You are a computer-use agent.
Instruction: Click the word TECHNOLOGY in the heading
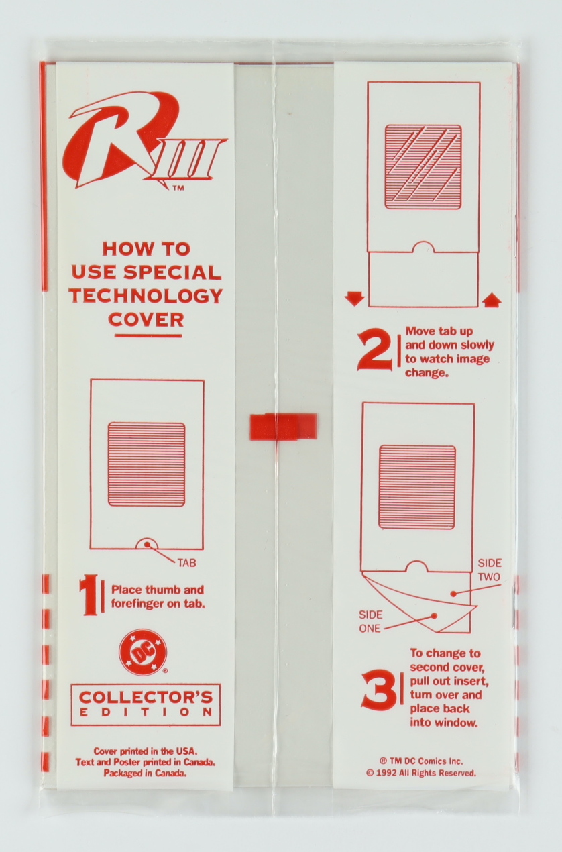[x=147, y=296]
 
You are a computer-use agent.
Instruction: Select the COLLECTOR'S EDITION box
[x=146, y=713]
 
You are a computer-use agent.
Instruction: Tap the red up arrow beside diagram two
[x=492, y=299]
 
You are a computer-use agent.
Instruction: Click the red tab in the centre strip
[x=283, y=427]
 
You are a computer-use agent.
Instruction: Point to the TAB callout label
[x=186, y=563]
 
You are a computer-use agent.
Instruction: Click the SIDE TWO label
[x=490, y=570]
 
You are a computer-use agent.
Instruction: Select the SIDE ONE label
[x=370, y=621]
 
